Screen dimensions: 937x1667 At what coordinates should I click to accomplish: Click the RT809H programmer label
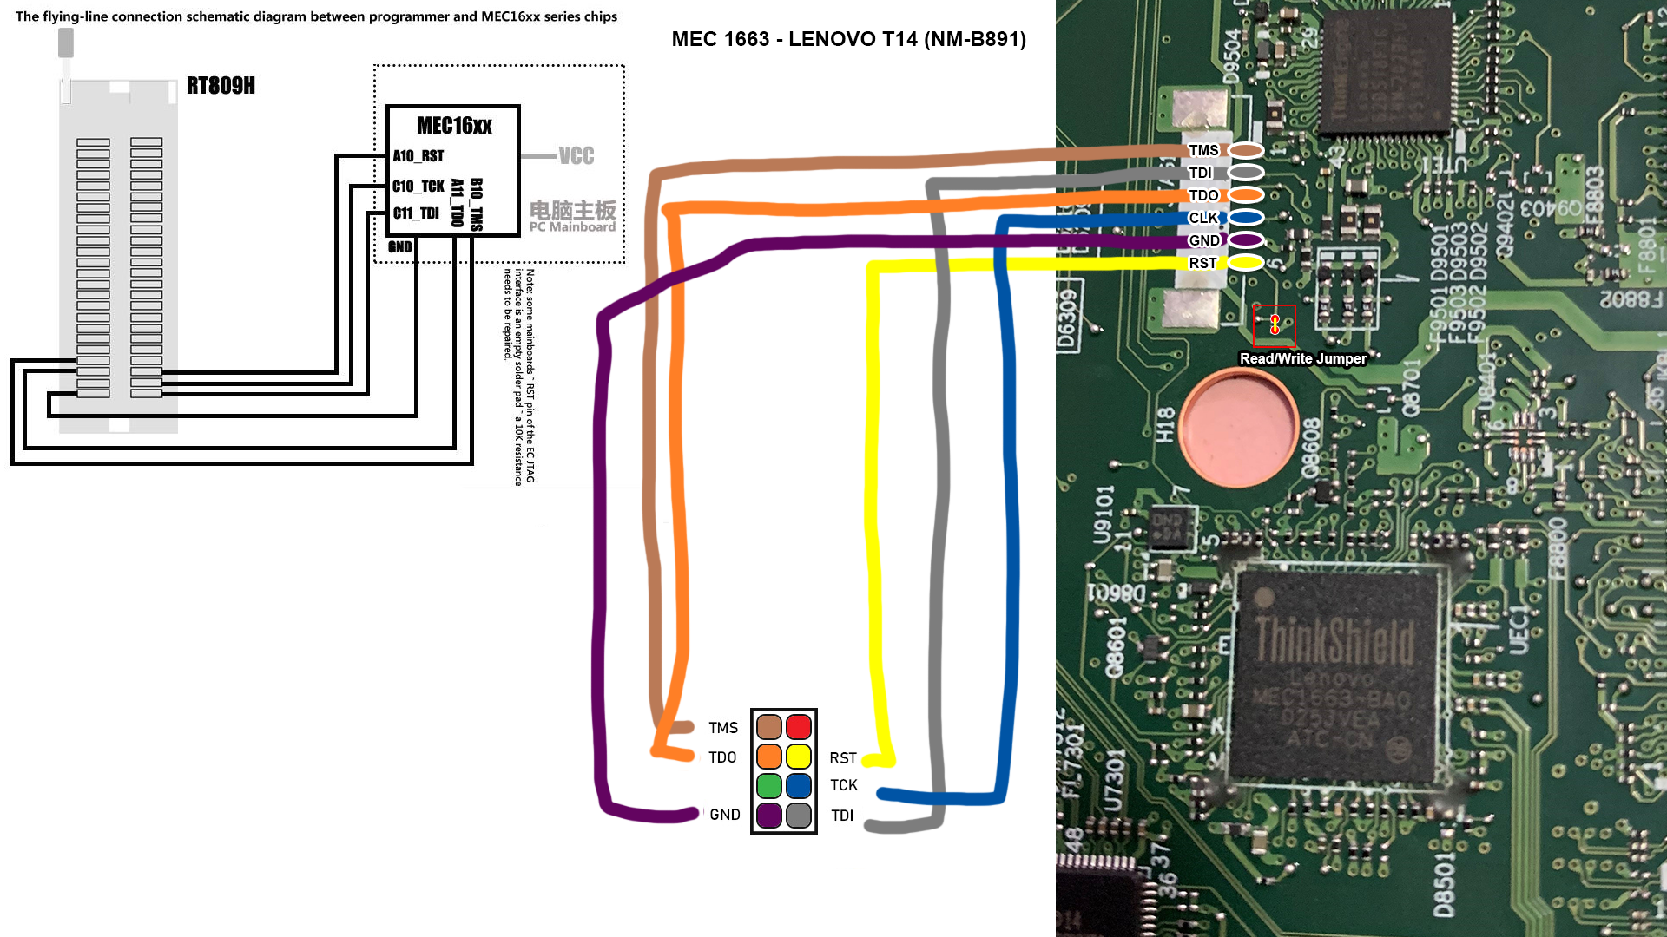point(221,85)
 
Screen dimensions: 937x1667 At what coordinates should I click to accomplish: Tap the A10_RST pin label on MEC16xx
point(418,156)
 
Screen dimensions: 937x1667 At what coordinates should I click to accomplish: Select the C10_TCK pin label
point(418,187)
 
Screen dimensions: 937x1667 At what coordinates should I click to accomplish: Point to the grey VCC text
point(577,156)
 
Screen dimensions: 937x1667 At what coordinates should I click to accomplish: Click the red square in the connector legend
point(799,727)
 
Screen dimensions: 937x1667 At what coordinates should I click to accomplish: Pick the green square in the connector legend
point(769,786)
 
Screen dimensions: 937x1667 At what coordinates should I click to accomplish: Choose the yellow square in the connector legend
point(799,757)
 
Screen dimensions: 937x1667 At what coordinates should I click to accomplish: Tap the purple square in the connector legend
point(769,816)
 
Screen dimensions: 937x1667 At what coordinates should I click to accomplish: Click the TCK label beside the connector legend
point(844,785)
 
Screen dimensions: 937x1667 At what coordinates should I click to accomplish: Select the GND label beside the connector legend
point(725,815)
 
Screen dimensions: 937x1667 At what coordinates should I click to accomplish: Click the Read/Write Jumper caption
point(1302,358)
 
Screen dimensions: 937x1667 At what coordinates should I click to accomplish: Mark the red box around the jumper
point(1275,325)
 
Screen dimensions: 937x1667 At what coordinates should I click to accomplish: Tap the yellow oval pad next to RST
point(1246,263)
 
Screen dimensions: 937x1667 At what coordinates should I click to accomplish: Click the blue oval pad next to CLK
point(1246,218)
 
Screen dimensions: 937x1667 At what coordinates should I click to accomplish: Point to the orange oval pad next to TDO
point(1246,195)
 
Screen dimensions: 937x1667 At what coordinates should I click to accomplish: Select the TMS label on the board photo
point(1203,150)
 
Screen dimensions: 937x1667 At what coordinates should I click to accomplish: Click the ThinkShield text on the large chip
point(1334,640)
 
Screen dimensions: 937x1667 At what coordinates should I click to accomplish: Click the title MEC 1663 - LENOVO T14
point(848,39)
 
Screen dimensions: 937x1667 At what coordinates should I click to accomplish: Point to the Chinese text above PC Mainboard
point(572,210)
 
